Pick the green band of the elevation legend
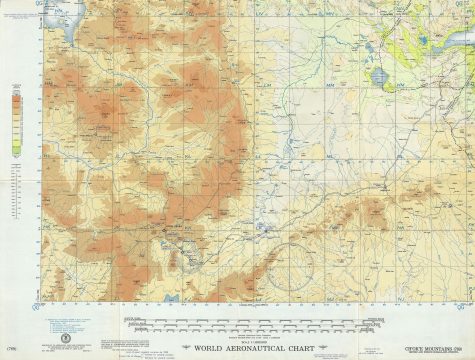click(17, 148)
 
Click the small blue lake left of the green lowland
click(378, 76)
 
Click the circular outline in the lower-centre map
click(297, 262)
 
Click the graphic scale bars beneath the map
click(250, 325)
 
